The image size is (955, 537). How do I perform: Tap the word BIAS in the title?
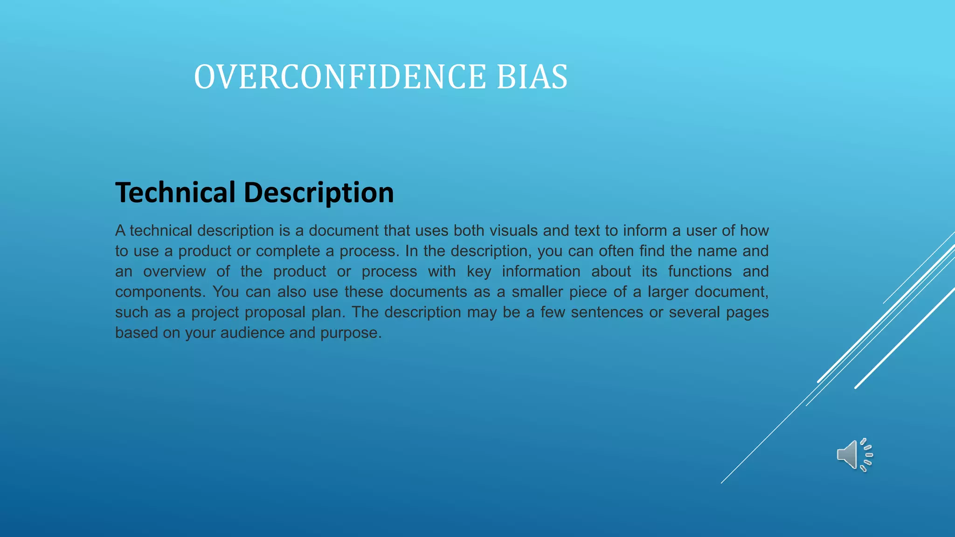pyautogui.click(x=532, y=77)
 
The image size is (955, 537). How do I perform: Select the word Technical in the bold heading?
pyautogui.click(x=175, y=192)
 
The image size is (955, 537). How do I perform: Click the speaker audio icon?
pyautogui.click(x=854, y=454)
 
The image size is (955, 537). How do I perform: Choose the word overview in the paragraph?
pyautogui.click(x=174, y=271)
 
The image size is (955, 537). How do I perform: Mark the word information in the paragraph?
pyautogui.click(x=541, y=271)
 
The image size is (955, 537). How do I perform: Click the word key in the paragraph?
pyautogui.click(x=479, y=271)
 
